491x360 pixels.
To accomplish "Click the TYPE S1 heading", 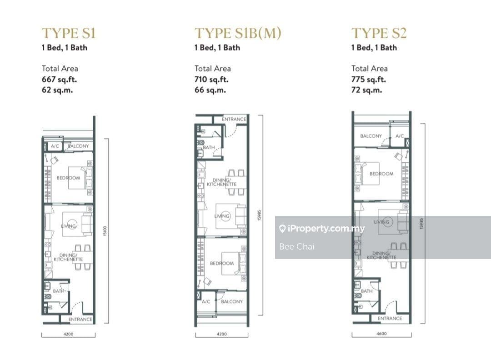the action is point(69,33).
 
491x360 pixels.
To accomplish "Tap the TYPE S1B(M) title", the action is point(238,33).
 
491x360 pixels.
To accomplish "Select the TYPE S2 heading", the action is point(379,33).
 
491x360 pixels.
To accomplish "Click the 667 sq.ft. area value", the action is point(60,80).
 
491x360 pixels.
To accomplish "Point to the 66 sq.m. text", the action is point(210,90).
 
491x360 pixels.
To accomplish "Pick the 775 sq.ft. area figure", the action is point(369,80).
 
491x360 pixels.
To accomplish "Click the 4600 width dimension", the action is point(381,334).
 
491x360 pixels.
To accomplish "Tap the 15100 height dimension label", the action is point(105,231).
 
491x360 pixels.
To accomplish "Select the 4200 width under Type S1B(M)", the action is point(222,334).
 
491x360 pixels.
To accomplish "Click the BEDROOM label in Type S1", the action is point(68,178).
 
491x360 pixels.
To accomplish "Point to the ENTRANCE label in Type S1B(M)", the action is point(234,119).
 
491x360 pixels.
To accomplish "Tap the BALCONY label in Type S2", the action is point(371,136).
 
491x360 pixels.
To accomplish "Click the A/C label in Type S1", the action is point(55,146).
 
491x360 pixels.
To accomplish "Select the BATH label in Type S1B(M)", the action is point(209,147).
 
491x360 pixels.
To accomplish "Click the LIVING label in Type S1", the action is point(69,226).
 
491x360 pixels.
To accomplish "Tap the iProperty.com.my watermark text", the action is point(326,229).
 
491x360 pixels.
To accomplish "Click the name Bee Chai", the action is point(296,247).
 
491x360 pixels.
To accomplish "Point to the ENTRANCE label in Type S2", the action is point(390,318).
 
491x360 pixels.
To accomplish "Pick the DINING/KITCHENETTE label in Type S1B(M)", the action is point(222,182).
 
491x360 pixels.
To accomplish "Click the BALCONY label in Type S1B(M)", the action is point(232,301).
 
